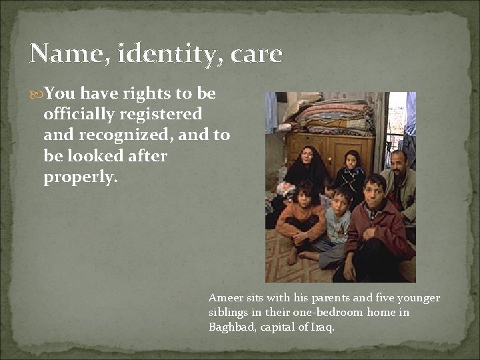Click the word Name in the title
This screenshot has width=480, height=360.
tap(65, 54)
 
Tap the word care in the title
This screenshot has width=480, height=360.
tap(257, 54)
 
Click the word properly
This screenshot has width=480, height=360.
tap(79, 178)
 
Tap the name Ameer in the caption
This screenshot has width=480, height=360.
tap(224, 298)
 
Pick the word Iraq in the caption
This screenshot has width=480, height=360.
tap(321, 327)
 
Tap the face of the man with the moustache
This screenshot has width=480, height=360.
tap(398, 163)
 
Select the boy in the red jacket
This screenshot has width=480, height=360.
tap(375, 227)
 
